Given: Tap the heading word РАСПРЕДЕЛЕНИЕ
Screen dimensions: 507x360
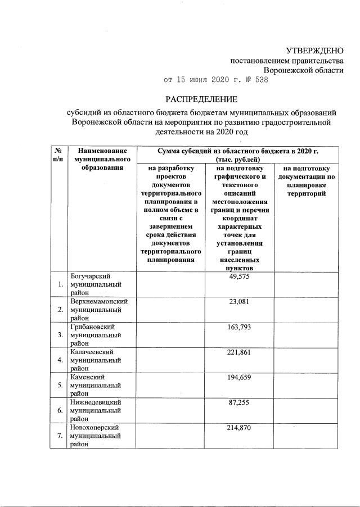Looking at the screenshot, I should [x=201, y=99].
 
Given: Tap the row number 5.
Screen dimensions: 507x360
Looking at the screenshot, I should [x=60, y=386].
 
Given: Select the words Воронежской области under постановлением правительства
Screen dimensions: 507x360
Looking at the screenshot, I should [x=304, y=70].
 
